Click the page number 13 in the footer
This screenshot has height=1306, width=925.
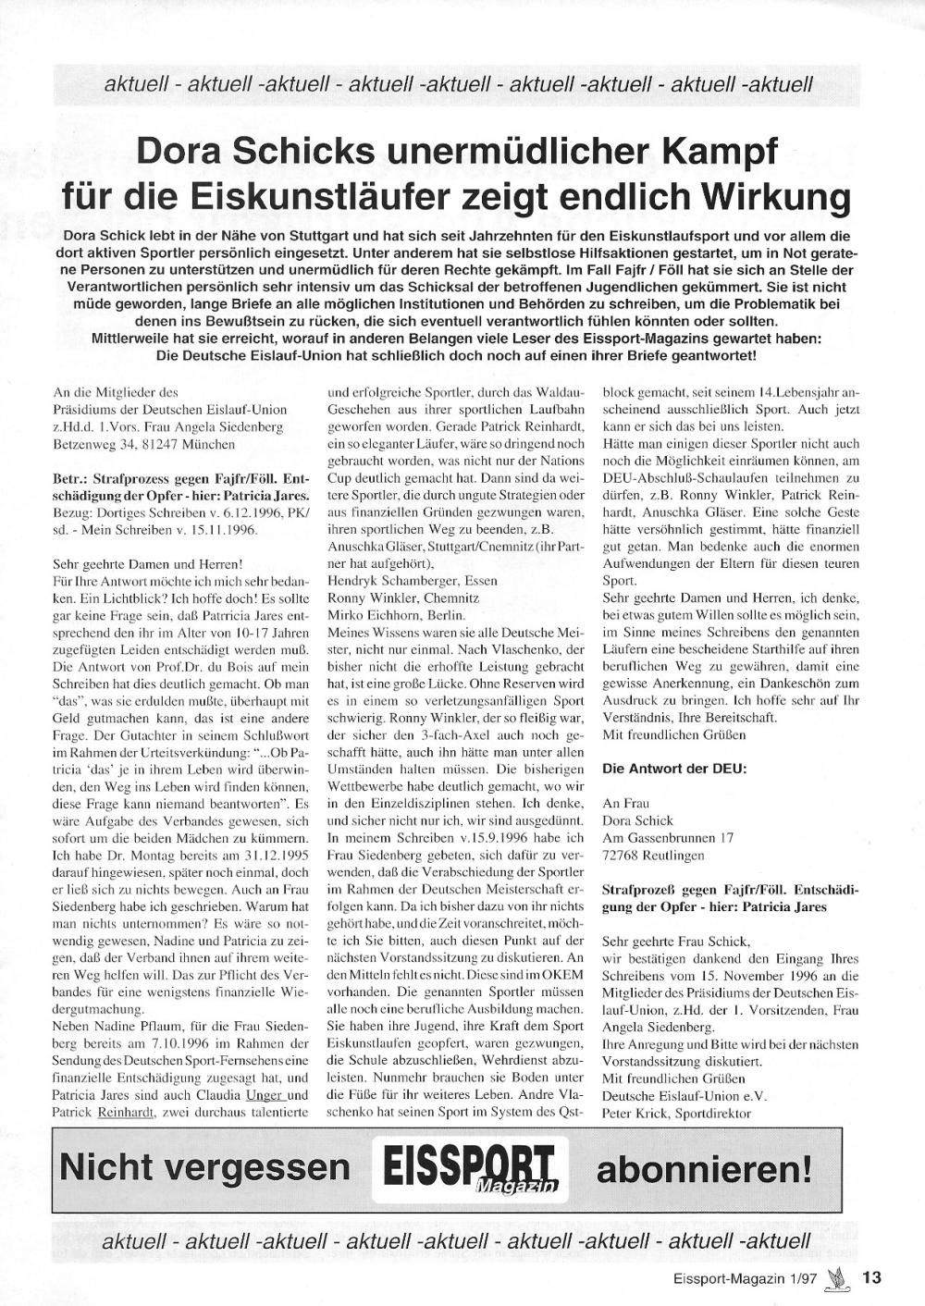click(871, 1277)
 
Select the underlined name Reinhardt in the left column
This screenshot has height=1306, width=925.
click(127, 1113)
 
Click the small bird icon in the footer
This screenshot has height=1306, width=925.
click(839, 1277)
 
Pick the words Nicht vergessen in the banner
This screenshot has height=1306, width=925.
click(205, 1167)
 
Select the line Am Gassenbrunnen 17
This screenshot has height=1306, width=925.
click(667, 837)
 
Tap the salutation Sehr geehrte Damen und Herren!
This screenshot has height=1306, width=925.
click(148, 563)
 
